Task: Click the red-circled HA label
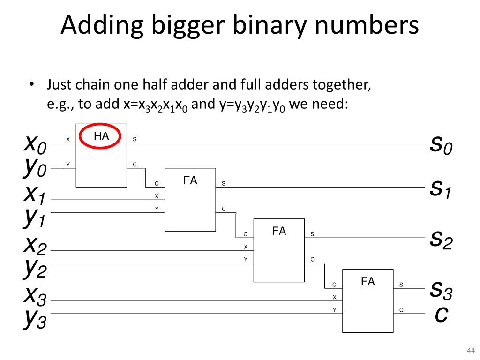point(101,136)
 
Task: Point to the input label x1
point(36,194)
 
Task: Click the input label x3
point(36,295)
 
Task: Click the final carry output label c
point(441,314)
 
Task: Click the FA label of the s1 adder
point(190,180)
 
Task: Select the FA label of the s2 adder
point(279,231)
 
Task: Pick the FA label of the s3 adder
point(368,282)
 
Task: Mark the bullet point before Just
point(32,85)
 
